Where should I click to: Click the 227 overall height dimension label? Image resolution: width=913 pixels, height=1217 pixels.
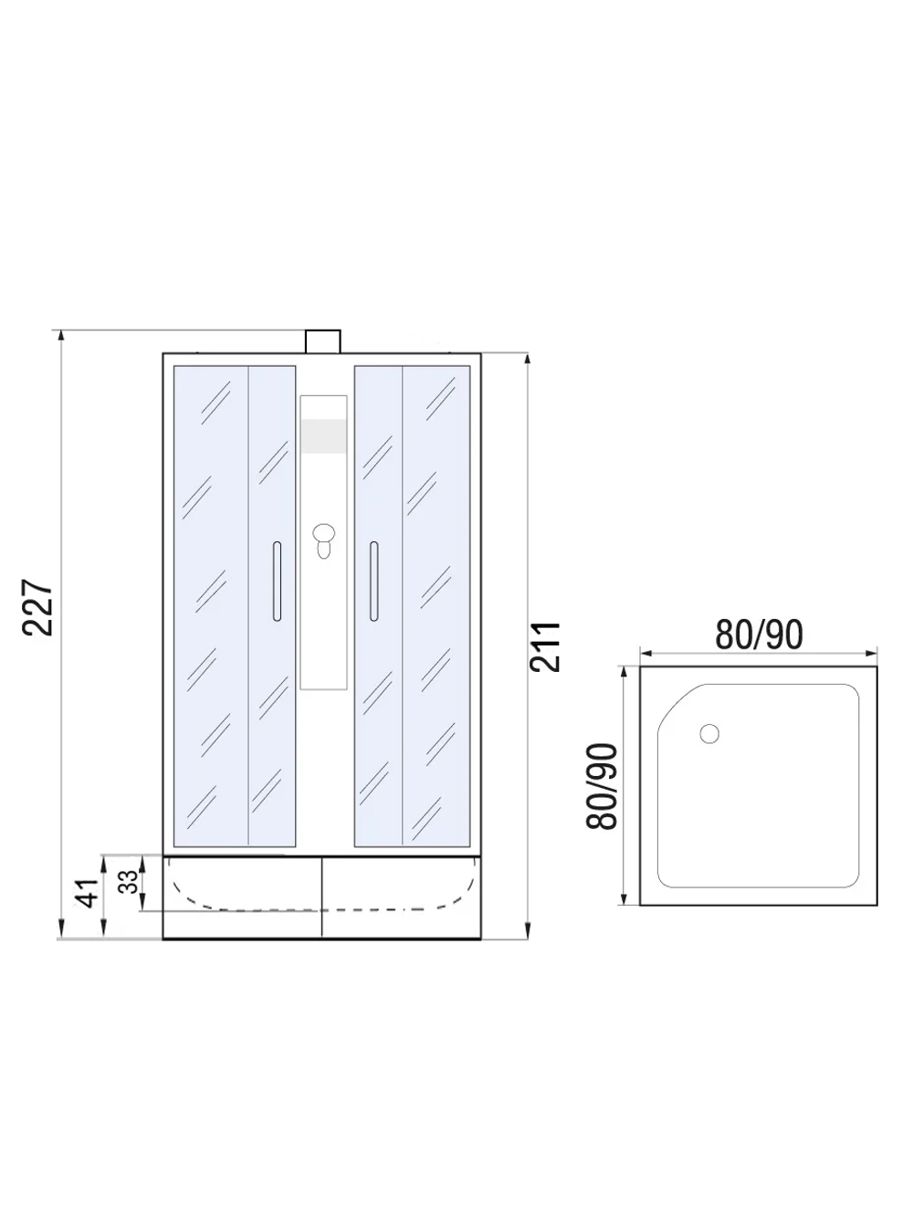point(38,607)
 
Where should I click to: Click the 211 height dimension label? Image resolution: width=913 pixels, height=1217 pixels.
point(546,646)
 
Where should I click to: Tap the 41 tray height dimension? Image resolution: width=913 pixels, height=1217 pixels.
point(87,893)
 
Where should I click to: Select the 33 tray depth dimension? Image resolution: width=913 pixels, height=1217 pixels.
point(129,881)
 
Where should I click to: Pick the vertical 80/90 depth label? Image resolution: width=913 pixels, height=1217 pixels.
point(603,786)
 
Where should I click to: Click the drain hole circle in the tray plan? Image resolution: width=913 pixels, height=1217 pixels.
point(708,733)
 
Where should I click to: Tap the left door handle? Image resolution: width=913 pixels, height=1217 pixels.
point(277,582)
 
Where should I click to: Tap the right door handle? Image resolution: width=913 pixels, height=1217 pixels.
point(373,582)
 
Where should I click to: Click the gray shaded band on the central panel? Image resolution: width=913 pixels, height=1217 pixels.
point(323,435)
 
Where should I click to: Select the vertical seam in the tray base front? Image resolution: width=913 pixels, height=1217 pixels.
point(322,897)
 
